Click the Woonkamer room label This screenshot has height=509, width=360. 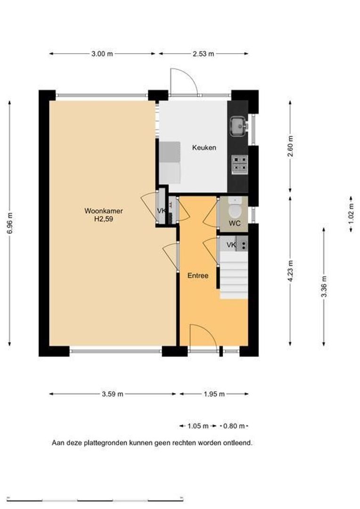104,211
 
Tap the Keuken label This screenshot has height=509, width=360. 204,148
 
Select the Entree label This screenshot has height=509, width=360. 198,276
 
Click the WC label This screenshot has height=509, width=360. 234,223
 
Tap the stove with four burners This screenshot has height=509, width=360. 240,164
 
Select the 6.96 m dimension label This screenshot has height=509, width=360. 10,223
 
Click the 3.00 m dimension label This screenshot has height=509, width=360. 102,54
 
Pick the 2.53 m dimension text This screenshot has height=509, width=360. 203,54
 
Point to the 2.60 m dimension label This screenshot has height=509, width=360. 291,146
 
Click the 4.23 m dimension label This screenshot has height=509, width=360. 291,271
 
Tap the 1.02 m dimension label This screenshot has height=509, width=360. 351,213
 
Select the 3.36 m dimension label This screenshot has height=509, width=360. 324,287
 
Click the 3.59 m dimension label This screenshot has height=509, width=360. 112,394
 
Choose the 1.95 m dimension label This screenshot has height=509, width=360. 214,394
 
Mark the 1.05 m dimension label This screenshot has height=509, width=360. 198,426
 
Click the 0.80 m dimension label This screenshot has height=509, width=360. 234,426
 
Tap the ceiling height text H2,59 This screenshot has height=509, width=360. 104,219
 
